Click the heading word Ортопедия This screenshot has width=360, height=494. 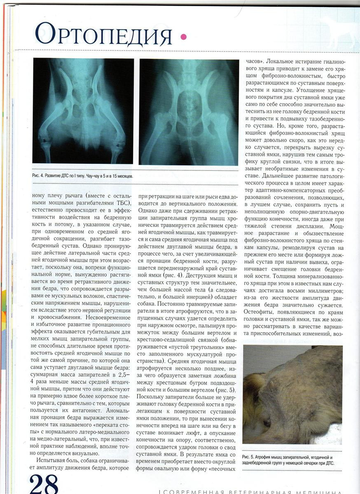[103, 34]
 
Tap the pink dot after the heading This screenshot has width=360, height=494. [183, 37]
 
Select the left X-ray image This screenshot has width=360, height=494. [83, 111]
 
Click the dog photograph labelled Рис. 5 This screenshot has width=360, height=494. [292, 394]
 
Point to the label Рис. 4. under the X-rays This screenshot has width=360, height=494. [41, 176]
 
